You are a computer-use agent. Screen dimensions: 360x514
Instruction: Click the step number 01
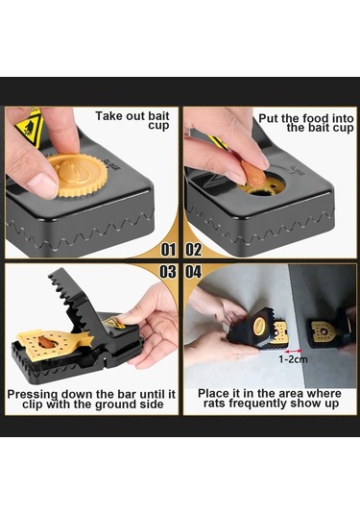coord(168,250)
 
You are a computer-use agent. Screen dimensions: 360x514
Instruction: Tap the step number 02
coord(194,250)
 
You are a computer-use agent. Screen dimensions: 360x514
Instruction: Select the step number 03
coord(168,272)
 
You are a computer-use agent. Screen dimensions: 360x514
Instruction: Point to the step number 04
coord(194,272)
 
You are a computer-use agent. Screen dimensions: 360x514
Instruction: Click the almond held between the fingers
coord(252,173)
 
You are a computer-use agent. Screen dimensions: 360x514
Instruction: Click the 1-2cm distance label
coord(293,359)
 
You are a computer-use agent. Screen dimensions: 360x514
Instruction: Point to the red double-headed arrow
coord(293,351)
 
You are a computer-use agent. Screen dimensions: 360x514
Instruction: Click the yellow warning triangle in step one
coord(30,128)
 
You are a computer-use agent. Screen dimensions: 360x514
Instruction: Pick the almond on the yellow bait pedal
coord(46,342)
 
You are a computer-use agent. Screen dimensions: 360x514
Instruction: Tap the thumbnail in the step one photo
coord(41,185)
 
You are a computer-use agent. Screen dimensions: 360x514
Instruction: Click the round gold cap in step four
coord(261,326)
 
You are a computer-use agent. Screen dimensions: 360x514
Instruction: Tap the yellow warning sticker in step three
coord(113,322)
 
